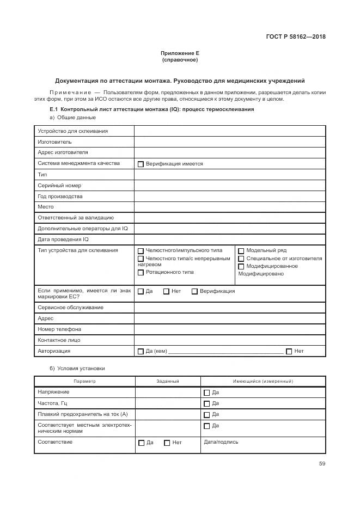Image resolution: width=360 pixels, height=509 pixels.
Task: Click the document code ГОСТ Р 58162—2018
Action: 296,37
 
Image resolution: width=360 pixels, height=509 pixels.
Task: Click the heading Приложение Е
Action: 180,53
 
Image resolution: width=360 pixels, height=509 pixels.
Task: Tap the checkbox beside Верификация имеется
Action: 141,164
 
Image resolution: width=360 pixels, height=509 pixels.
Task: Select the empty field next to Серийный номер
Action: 229,186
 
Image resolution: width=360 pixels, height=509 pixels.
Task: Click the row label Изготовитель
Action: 54,142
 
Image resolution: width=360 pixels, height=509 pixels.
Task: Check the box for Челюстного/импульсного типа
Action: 141,251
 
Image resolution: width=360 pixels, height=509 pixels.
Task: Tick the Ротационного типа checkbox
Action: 141,272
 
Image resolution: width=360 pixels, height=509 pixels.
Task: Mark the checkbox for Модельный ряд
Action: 241,251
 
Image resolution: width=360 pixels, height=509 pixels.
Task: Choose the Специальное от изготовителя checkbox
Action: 241,259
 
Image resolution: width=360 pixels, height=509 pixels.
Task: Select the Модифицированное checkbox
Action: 241,266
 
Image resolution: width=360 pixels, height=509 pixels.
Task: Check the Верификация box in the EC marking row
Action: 194,291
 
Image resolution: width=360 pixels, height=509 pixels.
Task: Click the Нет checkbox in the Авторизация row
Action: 289,352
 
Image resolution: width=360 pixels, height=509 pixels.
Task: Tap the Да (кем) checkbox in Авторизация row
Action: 141,352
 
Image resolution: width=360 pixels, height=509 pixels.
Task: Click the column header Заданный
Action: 167,382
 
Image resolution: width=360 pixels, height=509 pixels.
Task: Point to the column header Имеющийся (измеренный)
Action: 263,382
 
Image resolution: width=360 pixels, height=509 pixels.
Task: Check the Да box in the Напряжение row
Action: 206,393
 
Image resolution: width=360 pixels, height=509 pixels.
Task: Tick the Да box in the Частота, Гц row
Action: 206,404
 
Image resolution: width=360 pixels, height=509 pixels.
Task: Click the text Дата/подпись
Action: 221,442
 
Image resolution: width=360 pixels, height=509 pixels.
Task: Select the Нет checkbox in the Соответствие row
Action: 167,443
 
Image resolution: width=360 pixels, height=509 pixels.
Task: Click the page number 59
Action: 322,464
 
